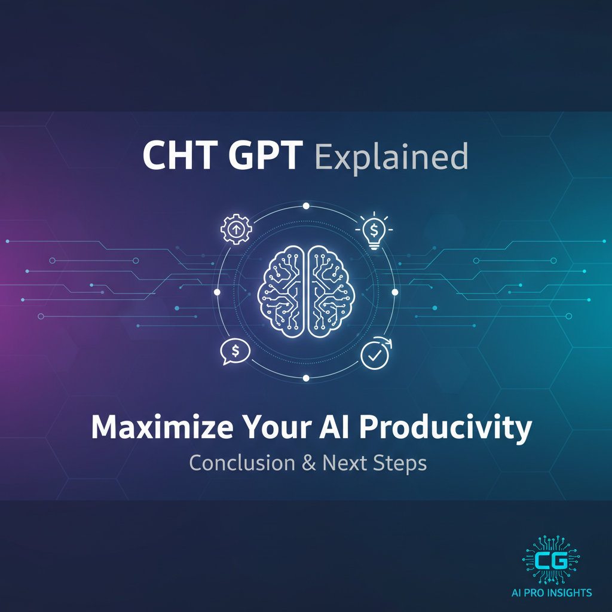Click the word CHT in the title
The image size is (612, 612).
point(180,155)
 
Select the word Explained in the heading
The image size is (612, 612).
point(391,157)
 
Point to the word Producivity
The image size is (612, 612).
point(445,428)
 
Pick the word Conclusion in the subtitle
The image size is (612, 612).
point(242,463)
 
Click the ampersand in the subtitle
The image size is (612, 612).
point(309,463)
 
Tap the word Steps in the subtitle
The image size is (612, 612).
point(400,464)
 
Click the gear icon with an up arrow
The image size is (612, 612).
point(236,229)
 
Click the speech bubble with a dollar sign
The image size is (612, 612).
point(235,351)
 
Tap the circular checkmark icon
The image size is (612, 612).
point(375,354)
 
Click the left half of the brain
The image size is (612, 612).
point(281,292)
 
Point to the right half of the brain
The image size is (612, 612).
point(331,292)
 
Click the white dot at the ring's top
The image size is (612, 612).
point(306,206)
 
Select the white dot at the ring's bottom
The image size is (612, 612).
point(306,378)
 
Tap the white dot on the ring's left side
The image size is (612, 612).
point(217,292)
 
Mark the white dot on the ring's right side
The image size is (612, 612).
point(395,292)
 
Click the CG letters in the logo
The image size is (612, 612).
point(551,561)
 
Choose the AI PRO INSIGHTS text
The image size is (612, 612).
point(552,593)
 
